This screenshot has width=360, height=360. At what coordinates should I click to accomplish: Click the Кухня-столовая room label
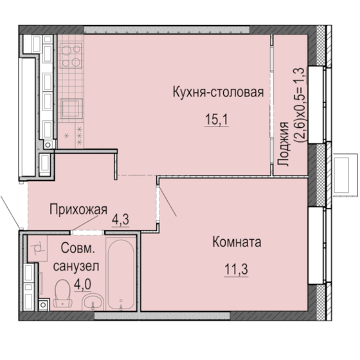click(218, 92)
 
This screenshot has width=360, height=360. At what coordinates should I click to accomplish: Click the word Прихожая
click(75, 208)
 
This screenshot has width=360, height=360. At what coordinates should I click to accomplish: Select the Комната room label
click(237, 243)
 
